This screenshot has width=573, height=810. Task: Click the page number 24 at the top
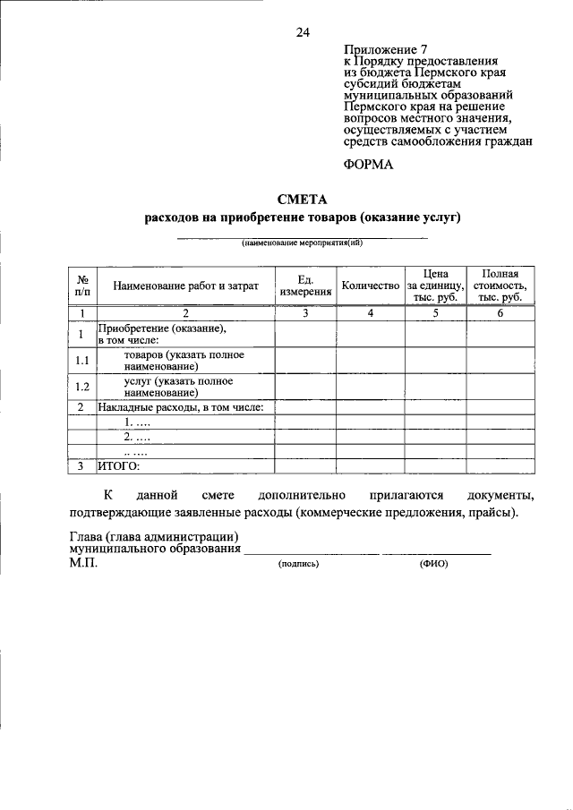pyautogui.click(x=302, y=33)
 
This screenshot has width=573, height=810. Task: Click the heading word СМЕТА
pyautogui.click(x=302, y=200)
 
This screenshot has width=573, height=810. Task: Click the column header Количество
pyautogui.click(x=369, y=286)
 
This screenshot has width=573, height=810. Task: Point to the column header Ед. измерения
pyautogui.click(x=305, y=286)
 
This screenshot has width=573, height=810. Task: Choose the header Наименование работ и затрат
pyautogui.click(x=185, y=286)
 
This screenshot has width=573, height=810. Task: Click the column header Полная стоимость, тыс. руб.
pyautogui.click(x=501, y=286)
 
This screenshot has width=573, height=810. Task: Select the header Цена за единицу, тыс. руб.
pyautogui.click(x=435, y=286)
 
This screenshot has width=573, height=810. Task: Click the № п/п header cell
pyautogui.click(x=81, y=286)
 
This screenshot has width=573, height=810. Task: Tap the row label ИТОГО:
pyautogui.click(x=119, y=465)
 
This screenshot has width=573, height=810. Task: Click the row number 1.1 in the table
pyautogui.click(x=81, y=361)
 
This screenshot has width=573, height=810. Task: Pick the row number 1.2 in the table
pyautogui.click(x=81, y=387)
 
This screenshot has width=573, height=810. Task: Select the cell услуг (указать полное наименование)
pyautogui.click(x=172, y=387)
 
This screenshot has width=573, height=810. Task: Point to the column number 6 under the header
pyautogui.click(x=500, y=313)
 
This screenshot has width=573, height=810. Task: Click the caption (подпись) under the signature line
pyautogui.click(x=299, y=564)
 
